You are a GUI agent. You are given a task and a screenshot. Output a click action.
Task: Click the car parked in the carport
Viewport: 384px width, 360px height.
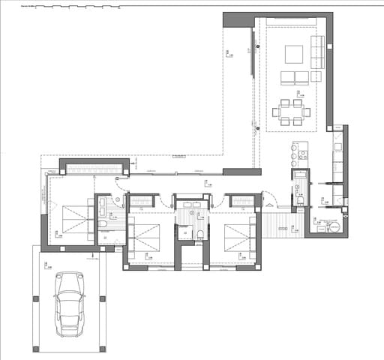point(70,304)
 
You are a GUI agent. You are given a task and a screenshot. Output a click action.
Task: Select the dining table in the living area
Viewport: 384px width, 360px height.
point(291,112)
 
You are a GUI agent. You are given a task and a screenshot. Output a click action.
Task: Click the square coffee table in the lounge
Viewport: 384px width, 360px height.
point(293,54)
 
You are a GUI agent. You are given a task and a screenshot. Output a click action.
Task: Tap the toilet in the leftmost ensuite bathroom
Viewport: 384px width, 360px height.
point(103,223)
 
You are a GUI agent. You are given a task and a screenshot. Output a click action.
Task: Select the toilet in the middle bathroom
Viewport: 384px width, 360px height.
point(200,235)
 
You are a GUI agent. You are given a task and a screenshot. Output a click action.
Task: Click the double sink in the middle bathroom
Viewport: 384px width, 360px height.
point(193,204)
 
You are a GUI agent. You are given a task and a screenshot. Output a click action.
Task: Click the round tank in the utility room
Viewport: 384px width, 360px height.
point(335,225)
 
